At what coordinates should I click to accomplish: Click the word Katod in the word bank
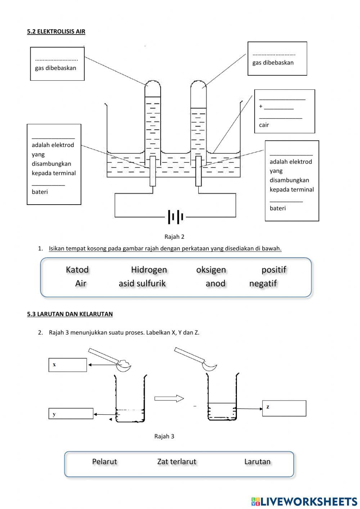77,270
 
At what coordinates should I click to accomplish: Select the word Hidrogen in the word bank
149,270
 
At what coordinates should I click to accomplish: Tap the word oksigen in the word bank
211,270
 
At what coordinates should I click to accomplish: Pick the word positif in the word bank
274,270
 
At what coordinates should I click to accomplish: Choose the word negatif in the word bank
263,283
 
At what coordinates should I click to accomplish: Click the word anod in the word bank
215,283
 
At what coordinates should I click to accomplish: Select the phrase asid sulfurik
142,283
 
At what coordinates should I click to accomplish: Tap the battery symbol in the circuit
175,217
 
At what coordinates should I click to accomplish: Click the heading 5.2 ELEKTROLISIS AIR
56,32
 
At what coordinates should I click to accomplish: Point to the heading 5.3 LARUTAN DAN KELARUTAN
70,314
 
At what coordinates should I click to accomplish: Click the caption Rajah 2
174,237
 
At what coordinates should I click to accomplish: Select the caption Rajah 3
164,436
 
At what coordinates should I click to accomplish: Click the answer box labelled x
68,365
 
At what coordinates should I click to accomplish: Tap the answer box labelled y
71,414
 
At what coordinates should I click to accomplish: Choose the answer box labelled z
284,408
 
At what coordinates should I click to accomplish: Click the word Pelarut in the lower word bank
104,461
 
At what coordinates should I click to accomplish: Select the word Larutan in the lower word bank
257,461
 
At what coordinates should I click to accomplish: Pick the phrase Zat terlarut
177,461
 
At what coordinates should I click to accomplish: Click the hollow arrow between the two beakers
169,398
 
